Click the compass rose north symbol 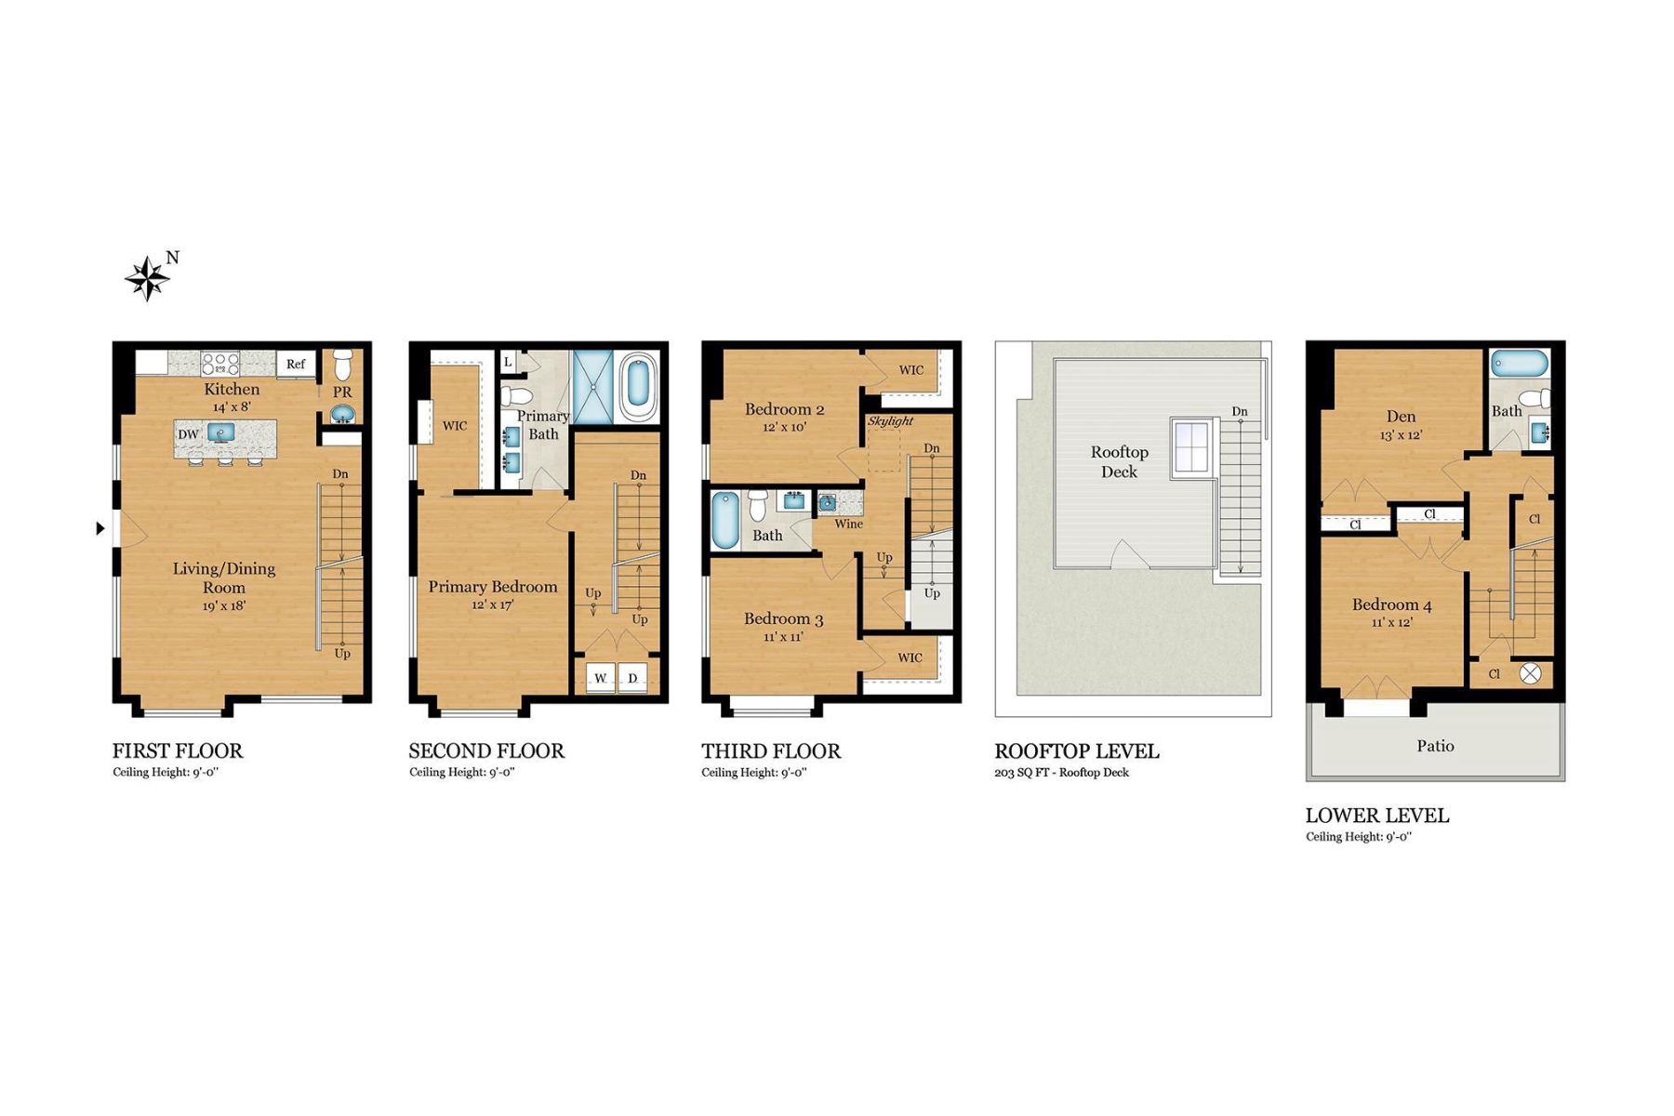click(149, 277)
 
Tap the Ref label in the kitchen click(296, 364)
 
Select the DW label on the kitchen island click(188, 434)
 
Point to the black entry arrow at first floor click(100, 528)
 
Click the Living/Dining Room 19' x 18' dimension click(224, 606)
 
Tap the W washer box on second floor click(601, 678)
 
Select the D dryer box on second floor click(632, 678)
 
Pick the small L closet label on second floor click(508, 362)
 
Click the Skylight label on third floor click(890, 421)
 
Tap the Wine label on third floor click(848, 524)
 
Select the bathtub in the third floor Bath click(724, 520)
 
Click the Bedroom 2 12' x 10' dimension click(784, 428)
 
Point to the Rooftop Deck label click(1119, 461)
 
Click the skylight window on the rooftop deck click(1191, 447)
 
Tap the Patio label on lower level click(1435, 746)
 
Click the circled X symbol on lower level click(1530, 673)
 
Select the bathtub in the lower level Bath click(1519, 364)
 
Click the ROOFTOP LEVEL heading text click(1076, 751)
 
